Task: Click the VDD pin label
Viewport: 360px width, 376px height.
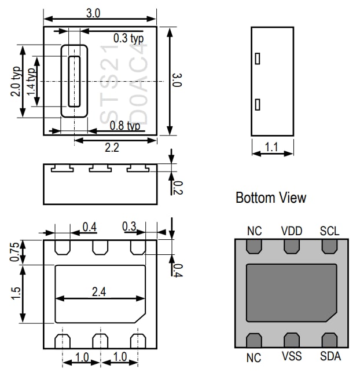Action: click(292, 231)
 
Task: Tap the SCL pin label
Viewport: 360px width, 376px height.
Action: click(329, 231)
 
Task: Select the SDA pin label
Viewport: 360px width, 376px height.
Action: click(330, 356)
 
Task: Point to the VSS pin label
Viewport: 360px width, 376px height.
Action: click(292, 356)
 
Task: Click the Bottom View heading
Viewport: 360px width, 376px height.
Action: click(270, 198)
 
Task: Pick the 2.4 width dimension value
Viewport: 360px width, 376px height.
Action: click(99, 292)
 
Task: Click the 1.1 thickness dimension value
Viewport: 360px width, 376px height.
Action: click(271, 148)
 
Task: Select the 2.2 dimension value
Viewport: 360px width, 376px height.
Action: click(112, 148)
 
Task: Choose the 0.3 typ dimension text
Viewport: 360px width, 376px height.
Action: click(128, 39)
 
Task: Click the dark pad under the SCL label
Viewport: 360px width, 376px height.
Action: click(329, 246)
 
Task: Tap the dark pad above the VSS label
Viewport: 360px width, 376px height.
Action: click(292, 340)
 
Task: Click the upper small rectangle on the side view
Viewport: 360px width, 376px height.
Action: click(258, 59)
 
